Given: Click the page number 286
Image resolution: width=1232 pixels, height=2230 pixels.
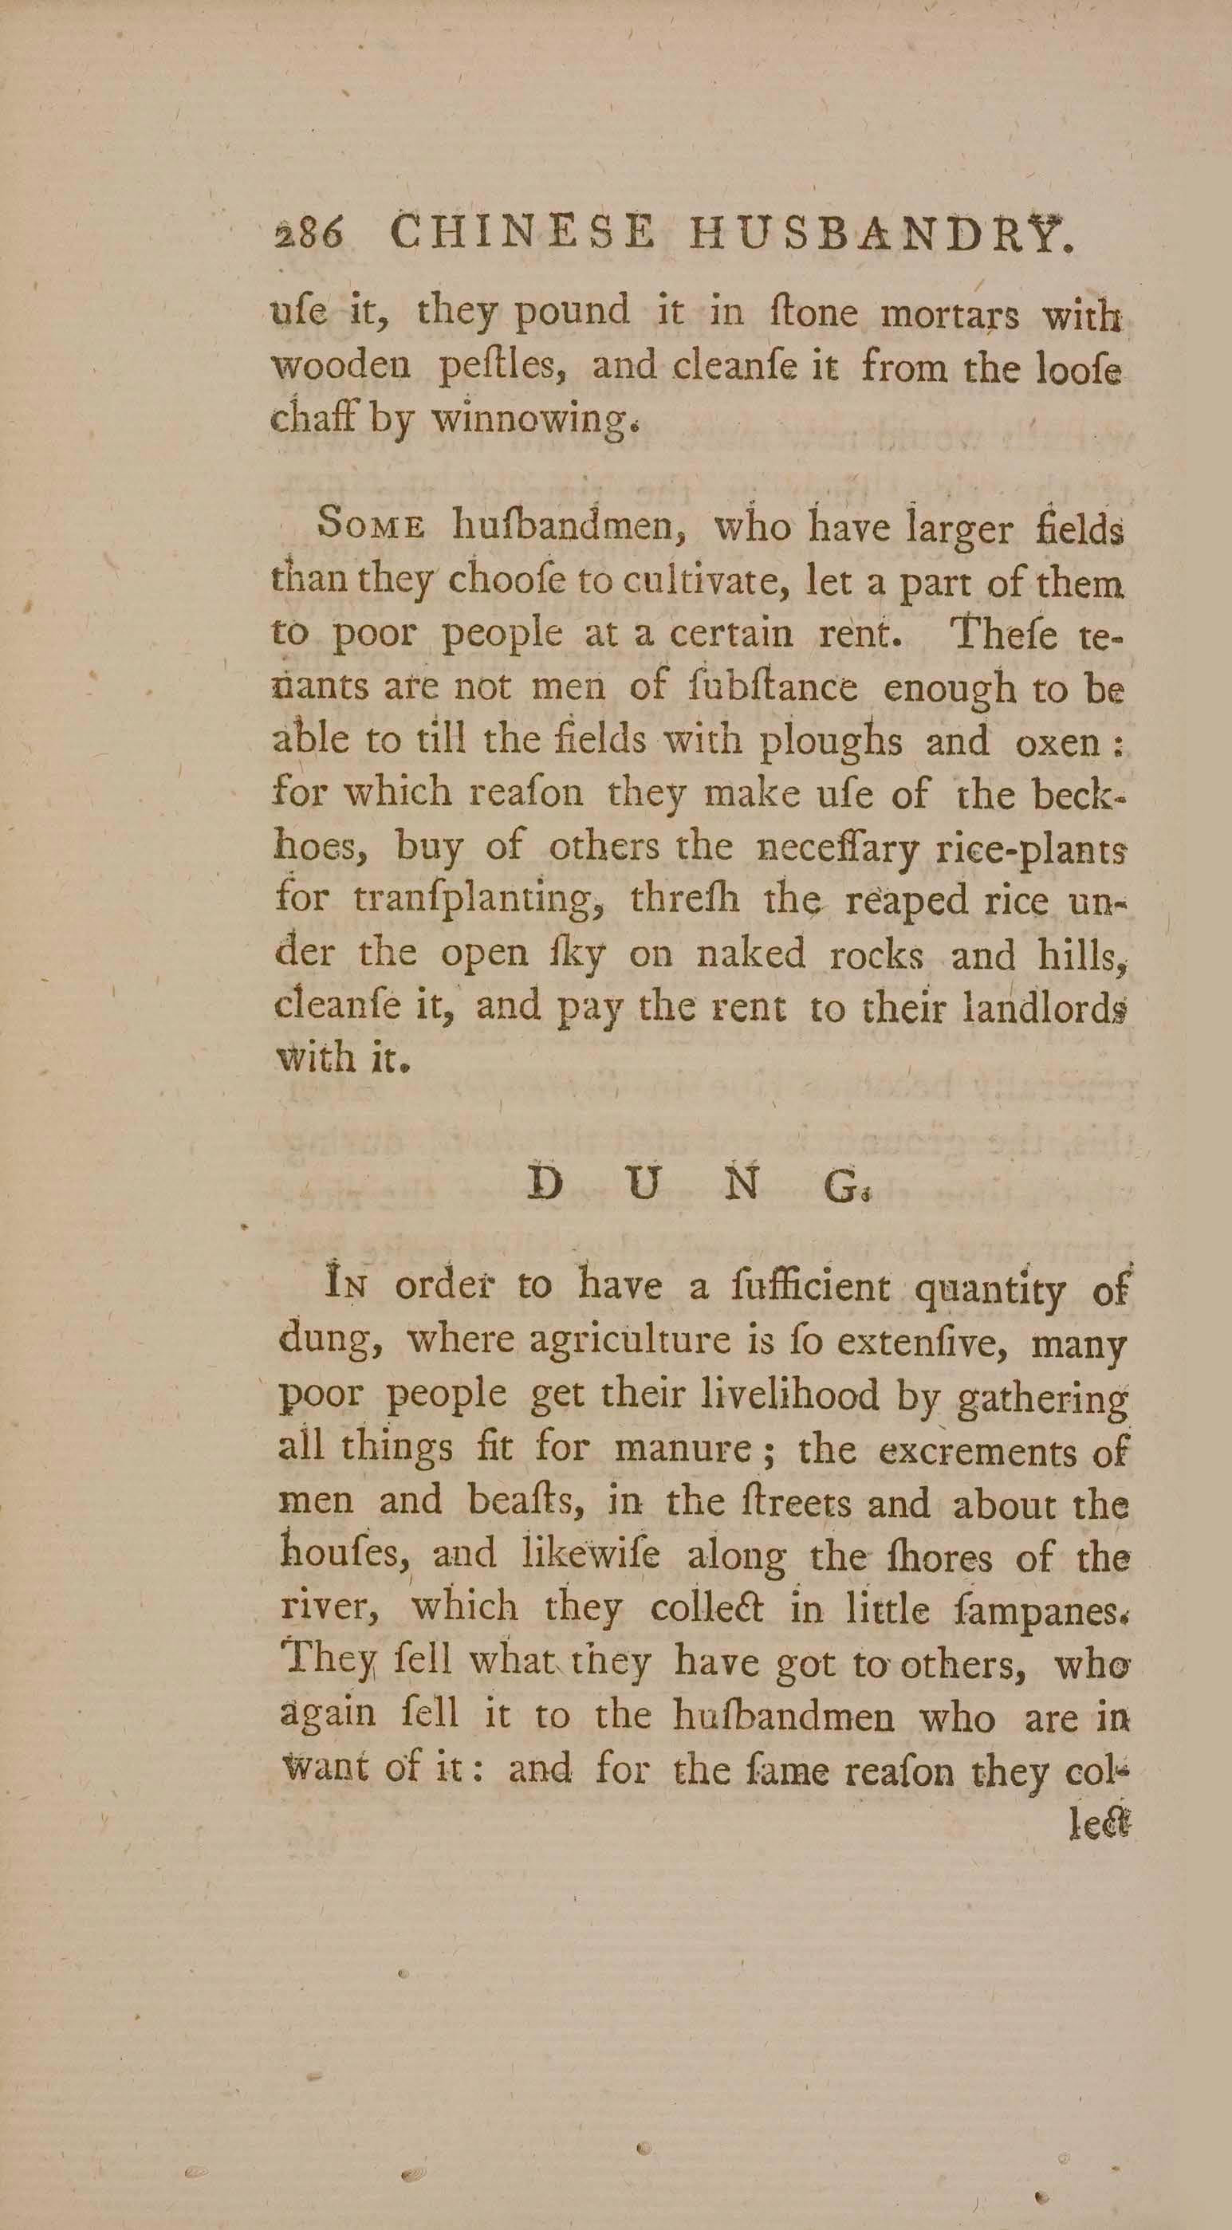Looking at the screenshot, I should (x=309, y=234).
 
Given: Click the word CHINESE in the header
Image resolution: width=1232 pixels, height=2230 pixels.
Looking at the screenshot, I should (x=523, y=234).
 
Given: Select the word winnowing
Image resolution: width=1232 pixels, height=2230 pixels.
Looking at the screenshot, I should (x=534, y=422).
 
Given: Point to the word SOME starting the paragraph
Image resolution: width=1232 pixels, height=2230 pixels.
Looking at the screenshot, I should (x=372, y=527).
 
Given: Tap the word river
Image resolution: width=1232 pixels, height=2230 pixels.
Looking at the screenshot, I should (x=325, y=1609).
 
